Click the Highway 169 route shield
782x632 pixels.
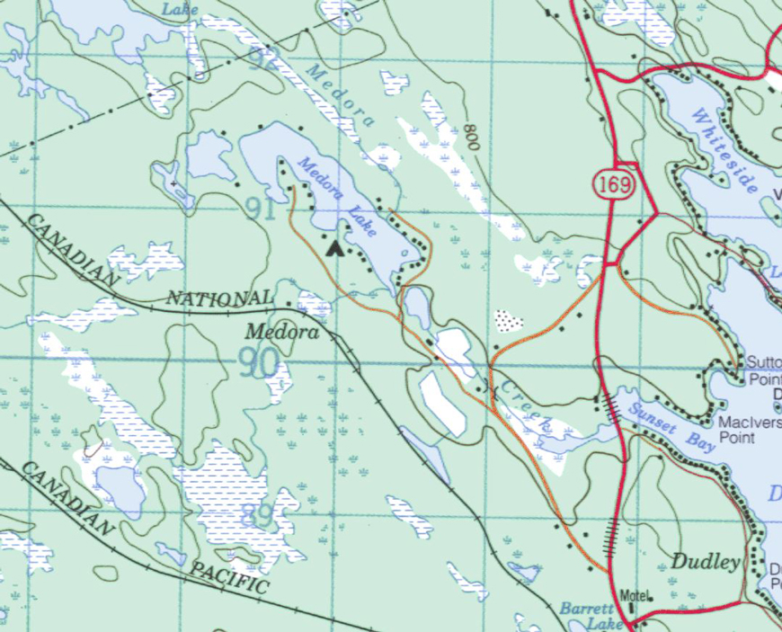pos(615,184)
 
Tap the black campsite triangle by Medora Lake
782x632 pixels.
pos(336,248)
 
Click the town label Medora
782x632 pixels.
pos(282,332)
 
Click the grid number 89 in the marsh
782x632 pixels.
pos(258,515)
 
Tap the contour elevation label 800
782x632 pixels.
pos(470,137)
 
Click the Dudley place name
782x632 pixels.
pos(705,562)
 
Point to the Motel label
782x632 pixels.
pos(635,595)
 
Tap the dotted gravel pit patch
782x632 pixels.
pos(509,320)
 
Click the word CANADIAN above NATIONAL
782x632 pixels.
pos(72,250)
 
